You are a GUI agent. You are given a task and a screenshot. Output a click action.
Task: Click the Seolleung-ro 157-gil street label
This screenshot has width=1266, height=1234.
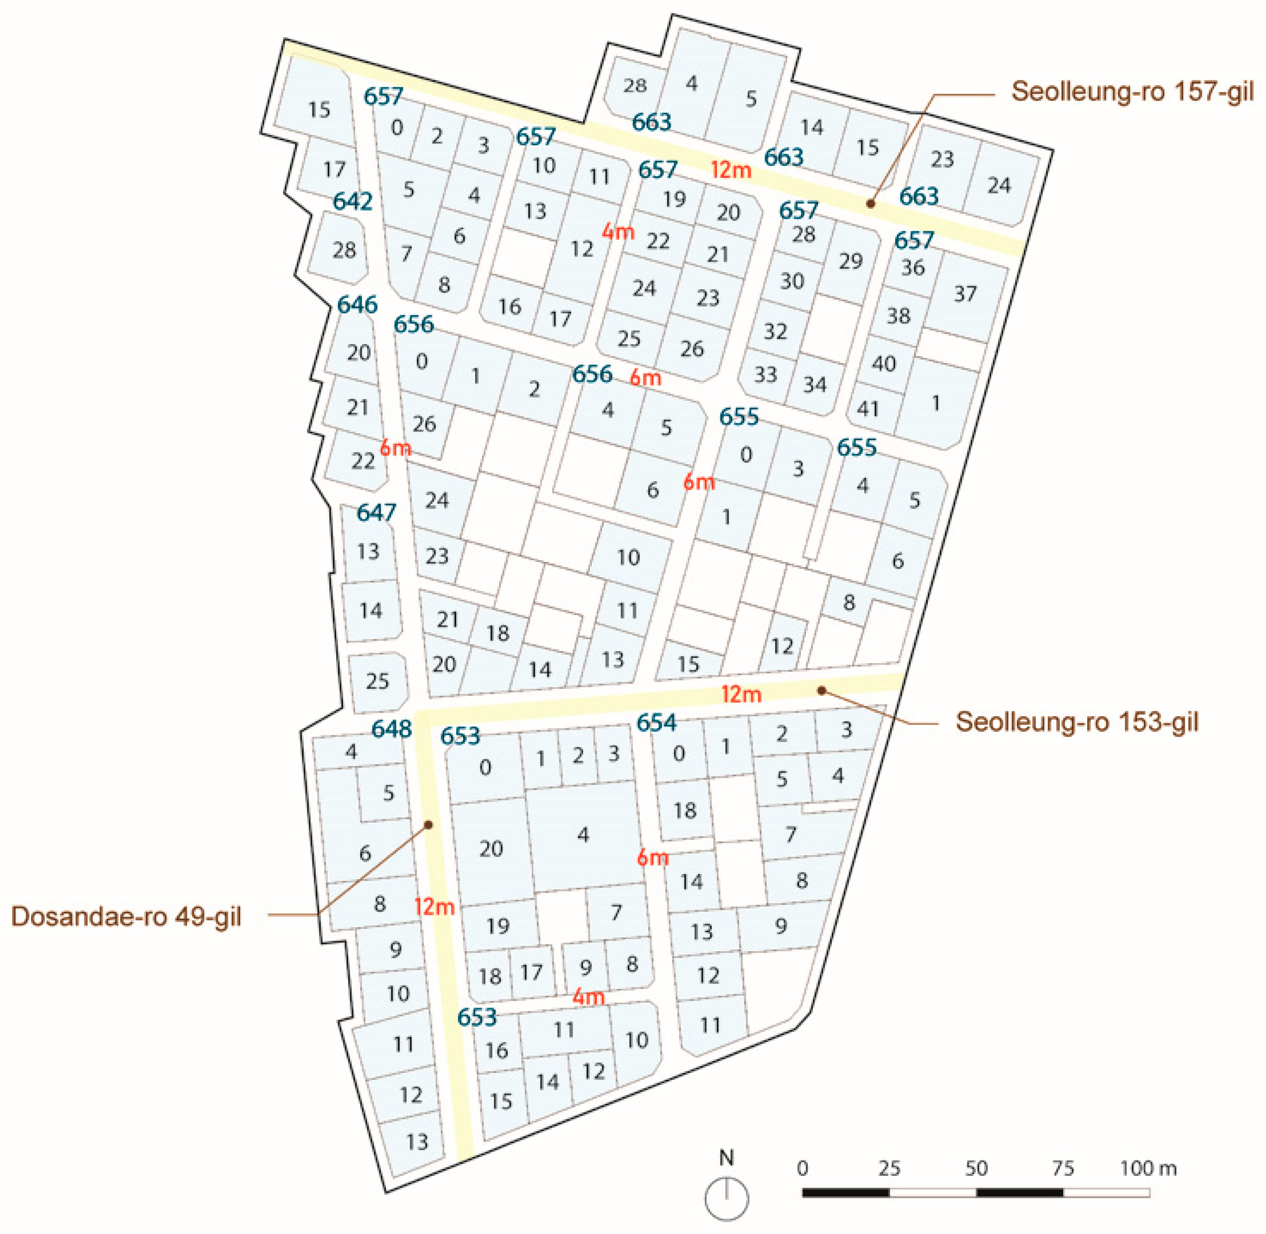(1132, 92)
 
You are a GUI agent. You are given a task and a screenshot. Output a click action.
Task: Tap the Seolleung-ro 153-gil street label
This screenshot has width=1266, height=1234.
(1077, 722)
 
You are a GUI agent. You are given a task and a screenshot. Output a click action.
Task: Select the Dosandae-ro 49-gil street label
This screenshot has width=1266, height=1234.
(126, 917)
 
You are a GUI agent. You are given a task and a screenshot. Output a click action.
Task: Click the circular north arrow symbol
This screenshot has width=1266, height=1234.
(726, 1199)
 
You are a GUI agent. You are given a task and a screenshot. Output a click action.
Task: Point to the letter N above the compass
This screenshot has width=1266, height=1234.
(726, 1157)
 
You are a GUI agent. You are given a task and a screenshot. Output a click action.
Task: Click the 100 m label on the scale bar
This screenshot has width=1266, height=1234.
(1148, 1168)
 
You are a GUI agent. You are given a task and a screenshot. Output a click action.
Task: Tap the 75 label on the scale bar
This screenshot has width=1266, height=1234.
(1063, 1168)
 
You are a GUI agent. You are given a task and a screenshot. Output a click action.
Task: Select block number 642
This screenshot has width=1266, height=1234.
(352, 201)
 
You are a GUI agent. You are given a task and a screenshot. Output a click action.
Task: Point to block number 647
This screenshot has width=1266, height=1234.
(376, 513)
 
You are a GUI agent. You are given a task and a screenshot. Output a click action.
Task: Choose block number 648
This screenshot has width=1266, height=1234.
(391, 728)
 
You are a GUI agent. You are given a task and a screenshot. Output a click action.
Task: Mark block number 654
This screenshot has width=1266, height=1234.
(656, 722)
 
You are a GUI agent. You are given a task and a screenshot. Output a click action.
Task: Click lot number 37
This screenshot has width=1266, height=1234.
(965, 294)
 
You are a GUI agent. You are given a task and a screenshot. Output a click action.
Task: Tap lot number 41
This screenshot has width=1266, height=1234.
(867, 409)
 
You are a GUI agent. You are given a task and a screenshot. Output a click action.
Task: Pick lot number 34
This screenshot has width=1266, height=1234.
(814, 385)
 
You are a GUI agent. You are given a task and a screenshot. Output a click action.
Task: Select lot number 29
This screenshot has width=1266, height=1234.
(850, 261)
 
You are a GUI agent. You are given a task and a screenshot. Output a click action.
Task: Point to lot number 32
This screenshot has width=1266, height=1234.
(775, 331)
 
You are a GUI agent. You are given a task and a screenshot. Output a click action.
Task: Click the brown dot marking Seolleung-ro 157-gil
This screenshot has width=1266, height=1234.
(870, 204)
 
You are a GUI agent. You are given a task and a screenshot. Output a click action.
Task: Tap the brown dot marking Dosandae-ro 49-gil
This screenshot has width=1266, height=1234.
(428, 825)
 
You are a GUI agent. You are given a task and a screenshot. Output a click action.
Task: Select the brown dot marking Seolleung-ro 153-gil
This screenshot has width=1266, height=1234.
(822, 690)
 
